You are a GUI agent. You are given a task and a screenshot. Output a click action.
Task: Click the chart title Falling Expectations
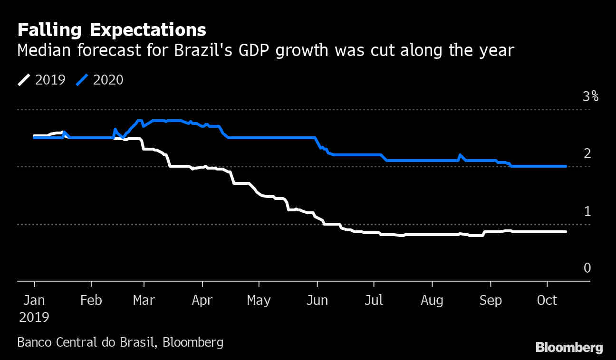(x=112, y=30)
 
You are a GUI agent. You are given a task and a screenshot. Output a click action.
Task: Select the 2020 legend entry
(x=100, y=80)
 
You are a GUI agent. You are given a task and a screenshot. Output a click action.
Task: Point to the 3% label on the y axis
(x=590, y=97)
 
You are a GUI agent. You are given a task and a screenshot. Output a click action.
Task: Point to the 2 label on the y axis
(x=587, y=154)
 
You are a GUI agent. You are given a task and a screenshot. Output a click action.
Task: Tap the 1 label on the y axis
(x=587, y=211)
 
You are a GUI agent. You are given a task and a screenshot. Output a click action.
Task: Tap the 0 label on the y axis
(x=587, y=268)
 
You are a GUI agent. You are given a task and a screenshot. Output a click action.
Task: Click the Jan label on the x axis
(x=34, y=301)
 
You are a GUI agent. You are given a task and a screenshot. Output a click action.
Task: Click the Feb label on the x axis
(x=91, y=301)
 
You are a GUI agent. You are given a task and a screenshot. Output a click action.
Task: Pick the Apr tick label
(x=202, y=301)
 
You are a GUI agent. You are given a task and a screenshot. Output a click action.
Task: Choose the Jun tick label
(x=317, y=301)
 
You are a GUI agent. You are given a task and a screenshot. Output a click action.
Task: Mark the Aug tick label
(x=432, y=301)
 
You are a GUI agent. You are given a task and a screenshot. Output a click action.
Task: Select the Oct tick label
(x=548, y=301)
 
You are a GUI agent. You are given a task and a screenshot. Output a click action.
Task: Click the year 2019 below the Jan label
(x=34, y=317)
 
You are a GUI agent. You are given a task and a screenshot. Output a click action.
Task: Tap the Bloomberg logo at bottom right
(x=569, y=347)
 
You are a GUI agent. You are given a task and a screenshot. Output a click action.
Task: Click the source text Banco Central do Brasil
(x=86, y=342)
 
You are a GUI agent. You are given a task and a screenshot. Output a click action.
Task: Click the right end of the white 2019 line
(x=566, y=232)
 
